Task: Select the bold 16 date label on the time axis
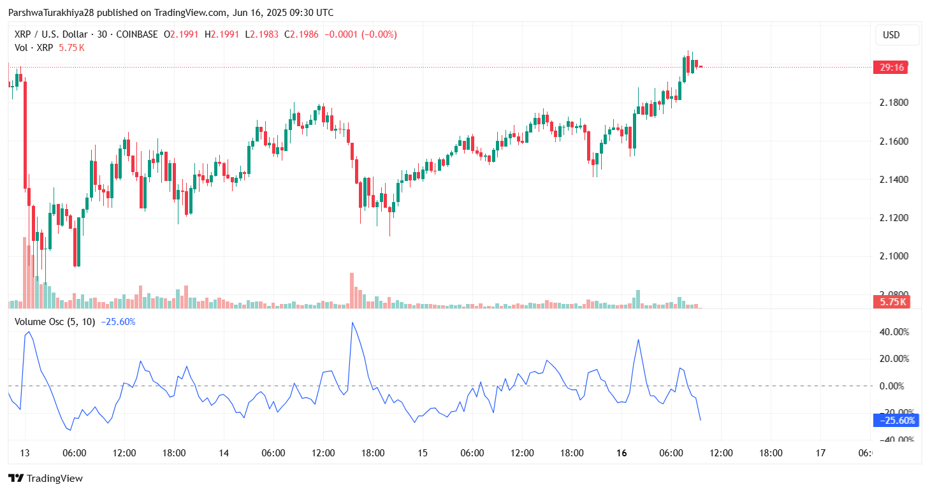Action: tap(622, 453)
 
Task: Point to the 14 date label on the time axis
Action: tap(224, 453)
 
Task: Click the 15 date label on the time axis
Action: tap(423, 453)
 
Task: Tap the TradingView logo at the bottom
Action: tap(45, 478)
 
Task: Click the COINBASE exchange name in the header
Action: tap(136, 34)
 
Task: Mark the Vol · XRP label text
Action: tap(34, 47)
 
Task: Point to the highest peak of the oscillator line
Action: tap(352, 323)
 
